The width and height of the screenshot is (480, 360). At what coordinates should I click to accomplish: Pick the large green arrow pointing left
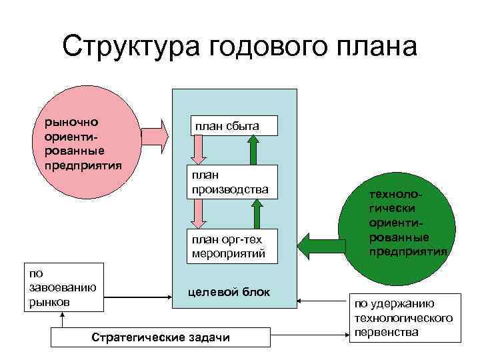[320, 244]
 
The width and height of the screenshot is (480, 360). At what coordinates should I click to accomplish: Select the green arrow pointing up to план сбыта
[253, 149]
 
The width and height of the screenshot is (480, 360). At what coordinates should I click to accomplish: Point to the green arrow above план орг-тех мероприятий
[253, 215]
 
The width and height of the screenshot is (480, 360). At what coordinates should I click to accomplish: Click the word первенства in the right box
[389, 331]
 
